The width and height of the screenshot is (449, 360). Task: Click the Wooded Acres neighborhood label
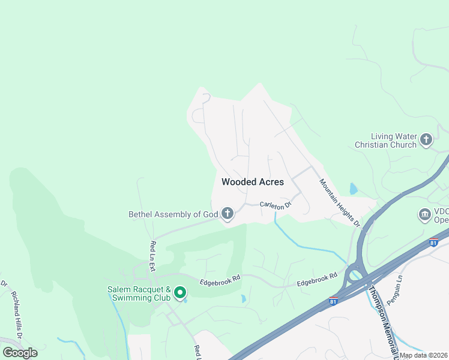tap(253, 182)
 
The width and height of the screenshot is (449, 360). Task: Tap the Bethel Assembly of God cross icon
tap(227, 214)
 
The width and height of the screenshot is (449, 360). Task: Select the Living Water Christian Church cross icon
tap(426, 140)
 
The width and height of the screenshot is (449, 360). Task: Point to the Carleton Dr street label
tap(276, 205)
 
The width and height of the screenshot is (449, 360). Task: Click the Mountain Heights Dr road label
tap(339, 203)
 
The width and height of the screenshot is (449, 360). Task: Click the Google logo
tap(20, 352)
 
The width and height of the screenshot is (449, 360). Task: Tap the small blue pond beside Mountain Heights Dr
tap(354, 189)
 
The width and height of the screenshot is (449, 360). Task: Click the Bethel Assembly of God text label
tap(173, 214)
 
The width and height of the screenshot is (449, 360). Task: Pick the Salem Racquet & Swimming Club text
tap(139, 293)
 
